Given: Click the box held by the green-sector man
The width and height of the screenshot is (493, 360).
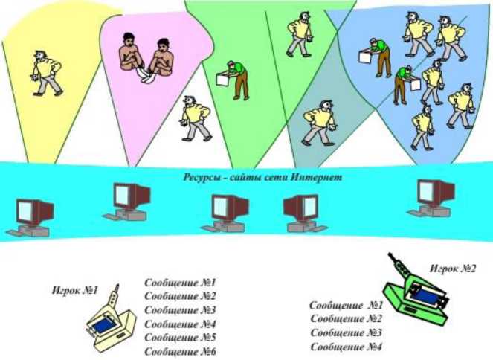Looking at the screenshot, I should [223, 78].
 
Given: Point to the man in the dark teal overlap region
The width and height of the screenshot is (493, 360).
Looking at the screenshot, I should [320, 123].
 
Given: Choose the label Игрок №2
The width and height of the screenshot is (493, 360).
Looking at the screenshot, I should [452, 268].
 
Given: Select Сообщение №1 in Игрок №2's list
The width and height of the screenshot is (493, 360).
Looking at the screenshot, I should [346, 305].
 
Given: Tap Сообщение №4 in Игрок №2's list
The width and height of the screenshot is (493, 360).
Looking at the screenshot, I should [346, 347].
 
